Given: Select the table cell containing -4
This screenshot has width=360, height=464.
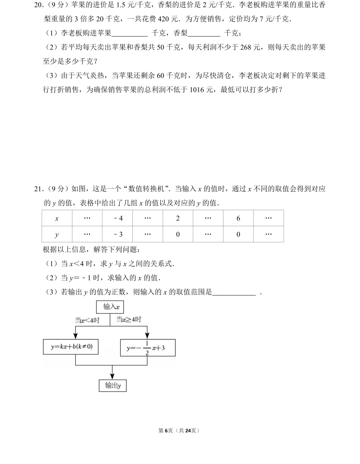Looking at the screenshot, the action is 117,218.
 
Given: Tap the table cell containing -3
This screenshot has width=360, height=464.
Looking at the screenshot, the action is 117,234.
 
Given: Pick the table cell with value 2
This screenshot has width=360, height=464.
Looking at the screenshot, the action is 178,218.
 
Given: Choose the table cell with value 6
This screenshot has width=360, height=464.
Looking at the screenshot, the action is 238,218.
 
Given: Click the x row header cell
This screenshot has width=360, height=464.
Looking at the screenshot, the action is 57,218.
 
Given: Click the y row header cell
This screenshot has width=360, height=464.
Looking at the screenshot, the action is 57,234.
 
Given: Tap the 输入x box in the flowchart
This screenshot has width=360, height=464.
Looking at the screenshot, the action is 110,307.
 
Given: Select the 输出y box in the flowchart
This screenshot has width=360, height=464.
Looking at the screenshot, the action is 113,386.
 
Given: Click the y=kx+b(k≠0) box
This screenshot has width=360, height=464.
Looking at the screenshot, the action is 71,347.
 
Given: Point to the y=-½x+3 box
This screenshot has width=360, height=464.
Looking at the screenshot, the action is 147,348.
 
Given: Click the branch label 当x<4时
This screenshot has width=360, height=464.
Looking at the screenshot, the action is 87,321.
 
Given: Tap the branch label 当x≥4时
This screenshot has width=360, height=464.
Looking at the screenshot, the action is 129,320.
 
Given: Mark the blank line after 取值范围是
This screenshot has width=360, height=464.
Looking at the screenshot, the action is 234,293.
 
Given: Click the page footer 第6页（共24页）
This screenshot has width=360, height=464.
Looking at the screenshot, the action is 179,431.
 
